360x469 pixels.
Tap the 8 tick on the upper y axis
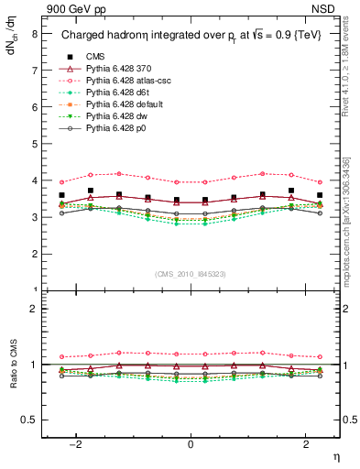tap(35, 34)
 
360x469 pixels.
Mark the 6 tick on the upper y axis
tap(35, 107)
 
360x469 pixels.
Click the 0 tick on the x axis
tap(190, 444)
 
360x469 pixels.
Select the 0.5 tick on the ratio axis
tap(30, 420)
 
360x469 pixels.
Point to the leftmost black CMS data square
tap(61, 195)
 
